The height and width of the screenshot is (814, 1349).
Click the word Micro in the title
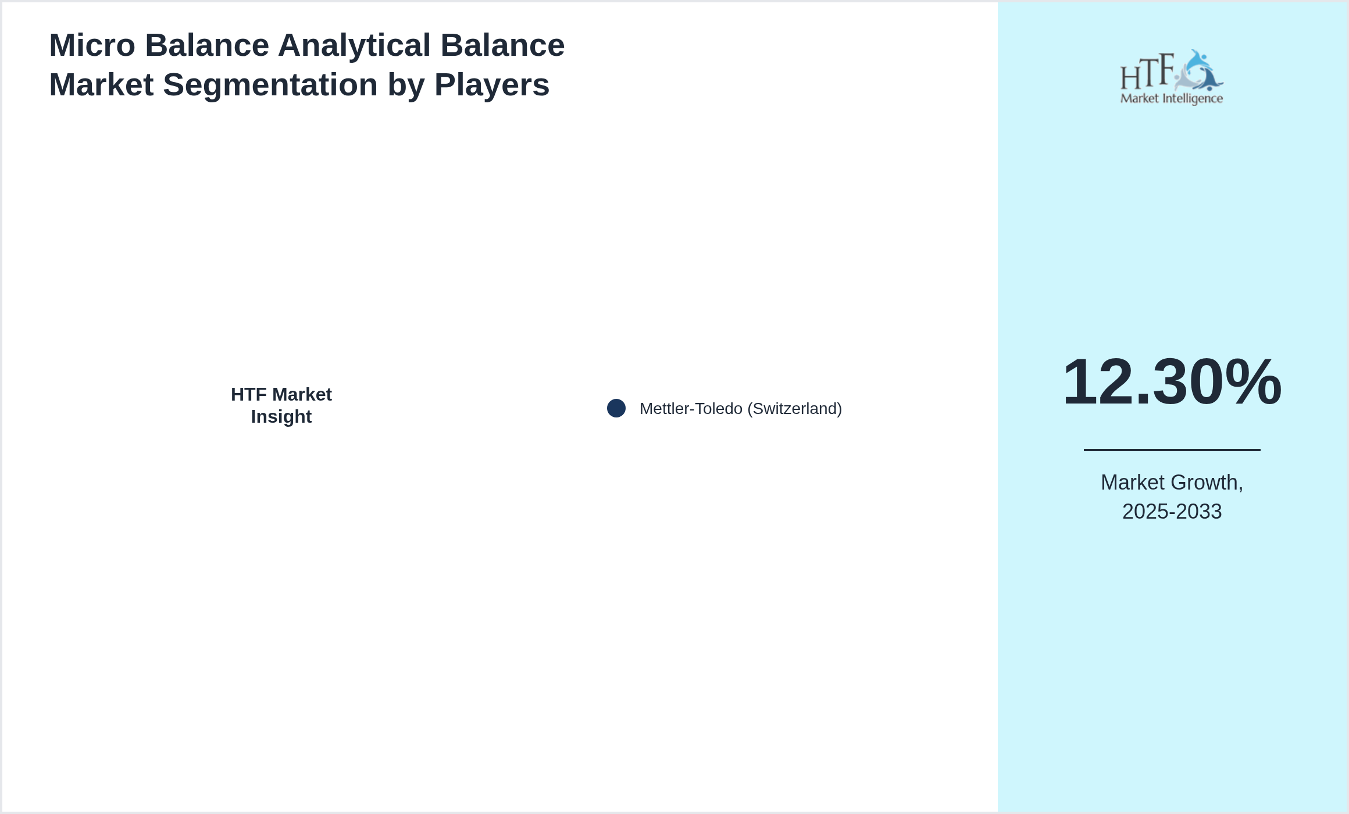point(92,45)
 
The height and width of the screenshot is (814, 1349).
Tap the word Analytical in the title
point(355,45)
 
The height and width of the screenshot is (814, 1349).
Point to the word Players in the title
point(492,85)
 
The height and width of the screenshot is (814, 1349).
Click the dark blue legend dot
point(616,408)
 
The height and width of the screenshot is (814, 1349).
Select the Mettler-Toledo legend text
point(691,409)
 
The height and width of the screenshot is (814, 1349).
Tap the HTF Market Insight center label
point(281,405)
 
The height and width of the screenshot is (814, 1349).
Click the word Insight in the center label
point(281,417)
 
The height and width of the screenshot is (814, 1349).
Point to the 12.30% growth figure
point(1172,381)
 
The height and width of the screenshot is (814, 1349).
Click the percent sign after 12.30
point(1253,381)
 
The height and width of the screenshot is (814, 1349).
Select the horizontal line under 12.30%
point(1172,449)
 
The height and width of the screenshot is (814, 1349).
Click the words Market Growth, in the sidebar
point(1172,483)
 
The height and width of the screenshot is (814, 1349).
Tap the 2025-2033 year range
point(1172,512)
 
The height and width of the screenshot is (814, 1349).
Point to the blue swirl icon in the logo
point(1199,70)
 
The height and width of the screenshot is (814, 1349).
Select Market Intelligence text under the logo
point(1172,99)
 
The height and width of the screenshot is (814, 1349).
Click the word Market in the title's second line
point(102,85)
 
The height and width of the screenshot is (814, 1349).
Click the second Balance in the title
point(503,45)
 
